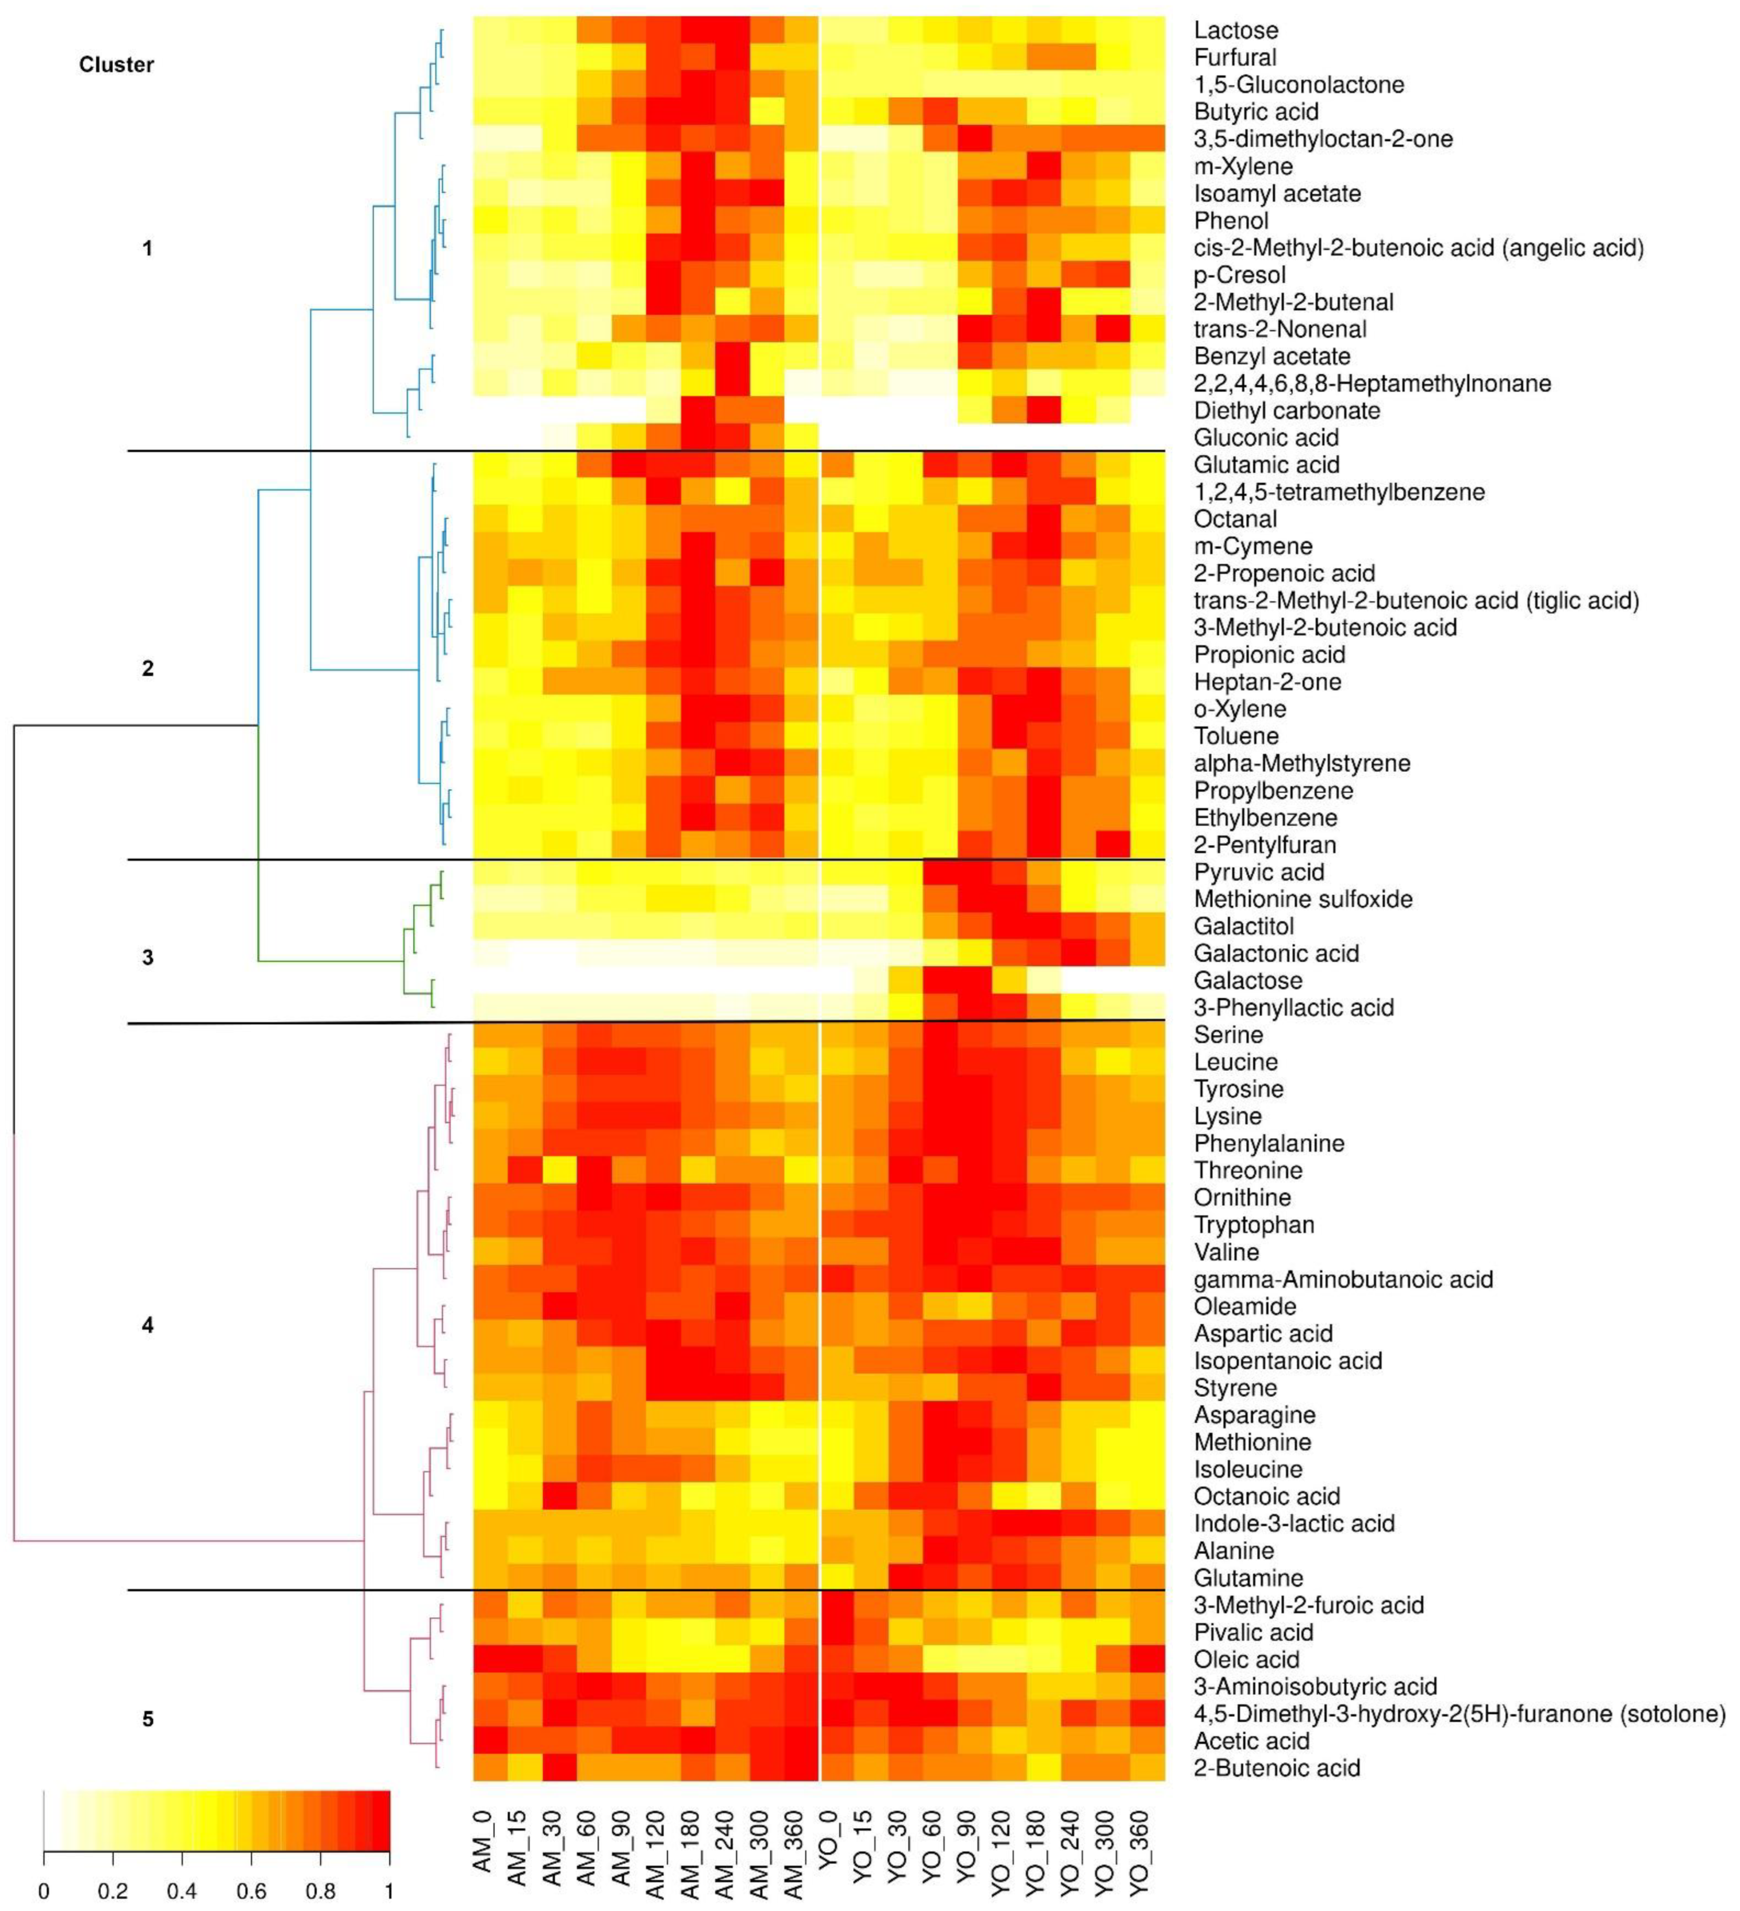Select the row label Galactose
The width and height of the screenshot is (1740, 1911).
click(x=1247, y=980)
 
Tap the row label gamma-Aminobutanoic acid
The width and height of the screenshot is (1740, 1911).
click(x=1343, y=1279)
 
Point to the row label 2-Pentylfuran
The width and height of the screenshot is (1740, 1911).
click(x=1264, y=845)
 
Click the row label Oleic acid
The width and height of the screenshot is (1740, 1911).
click(x=1245, y=1659)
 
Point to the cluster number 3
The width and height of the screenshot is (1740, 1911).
click(x=147, y=958)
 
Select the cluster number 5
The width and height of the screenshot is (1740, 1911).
click(x=147, y=1718)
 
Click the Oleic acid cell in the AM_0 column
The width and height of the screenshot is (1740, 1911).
click(x=490, y=1659)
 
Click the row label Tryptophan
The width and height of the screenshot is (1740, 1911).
click(x=1253, y=1225)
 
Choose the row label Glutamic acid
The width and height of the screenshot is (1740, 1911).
click(x=1266, y=465)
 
